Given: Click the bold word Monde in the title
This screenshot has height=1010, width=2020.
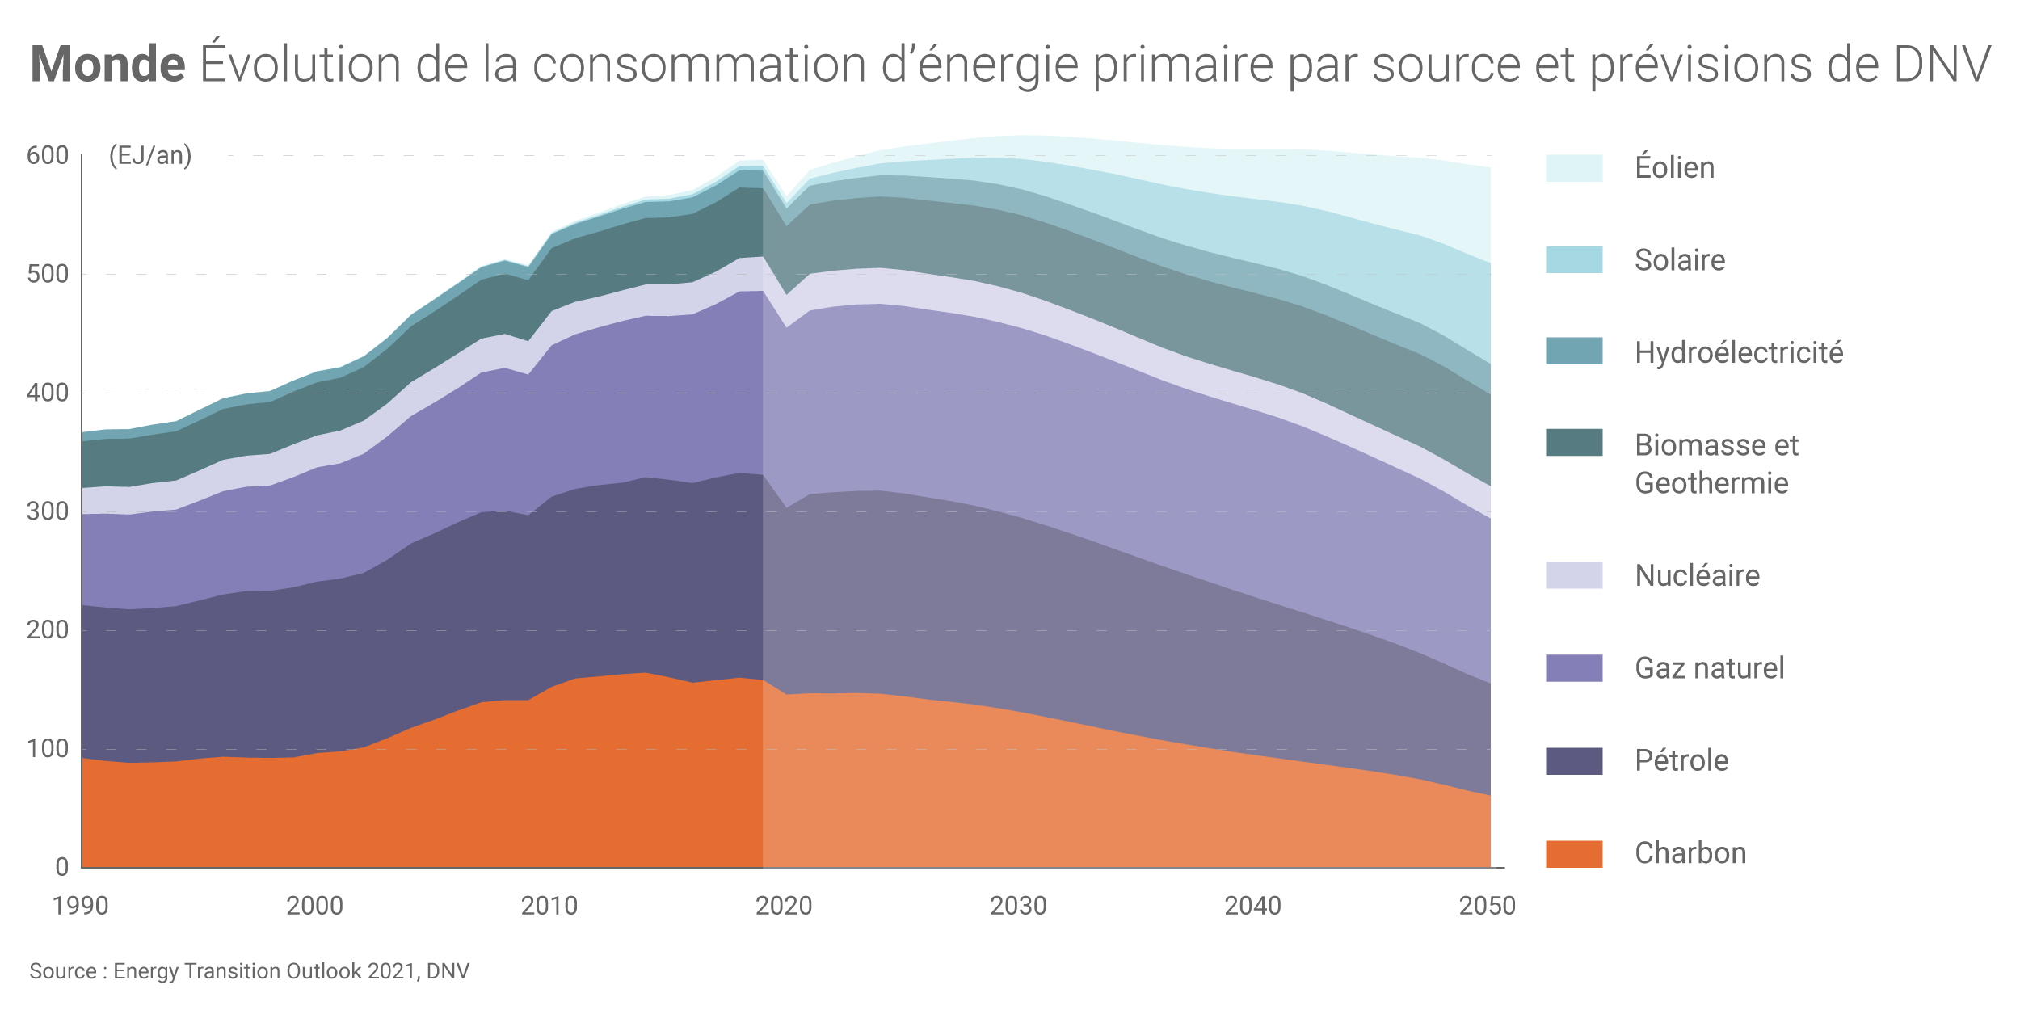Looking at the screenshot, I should (107, 65).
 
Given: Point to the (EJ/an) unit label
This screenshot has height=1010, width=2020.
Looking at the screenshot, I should (150, 155).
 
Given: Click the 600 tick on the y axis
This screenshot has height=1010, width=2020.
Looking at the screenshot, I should (48, 155).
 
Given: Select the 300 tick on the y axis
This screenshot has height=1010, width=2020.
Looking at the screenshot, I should (48, 511).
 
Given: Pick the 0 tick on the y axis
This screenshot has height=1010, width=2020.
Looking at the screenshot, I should (62, 867).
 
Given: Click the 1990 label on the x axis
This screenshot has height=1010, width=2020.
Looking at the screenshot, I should (80, 906).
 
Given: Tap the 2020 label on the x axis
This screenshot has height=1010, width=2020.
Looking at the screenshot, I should (784, 906).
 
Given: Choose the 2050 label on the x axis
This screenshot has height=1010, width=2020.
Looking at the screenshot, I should (1488, 906).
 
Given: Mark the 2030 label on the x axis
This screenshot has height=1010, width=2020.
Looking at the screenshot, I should (1018, 906).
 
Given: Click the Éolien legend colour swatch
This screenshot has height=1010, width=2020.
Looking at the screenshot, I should (1574, 168).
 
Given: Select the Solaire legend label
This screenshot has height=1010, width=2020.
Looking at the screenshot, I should (1680, 260).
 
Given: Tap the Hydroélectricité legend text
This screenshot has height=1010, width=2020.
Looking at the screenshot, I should (1739, 352).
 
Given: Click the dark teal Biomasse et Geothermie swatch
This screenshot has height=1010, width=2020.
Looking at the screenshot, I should (1574, 443).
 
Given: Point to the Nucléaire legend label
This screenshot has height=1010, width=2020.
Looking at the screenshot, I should (1697, 575).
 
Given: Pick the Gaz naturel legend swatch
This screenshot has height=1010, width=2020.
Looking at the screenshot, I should (1574, 668).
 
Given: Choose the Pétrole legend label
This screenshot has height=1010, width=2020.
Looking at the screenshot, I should (1681, 760).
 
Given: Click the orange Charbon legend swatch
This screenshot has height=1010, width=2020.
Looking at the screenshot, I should (1574, 853).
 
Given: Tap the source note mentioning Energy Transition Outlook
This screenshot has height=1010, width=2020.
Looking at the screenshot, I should (249, 970).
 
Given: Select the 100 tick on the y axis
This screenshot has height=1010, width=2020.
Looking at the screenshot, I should (48, 749).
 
